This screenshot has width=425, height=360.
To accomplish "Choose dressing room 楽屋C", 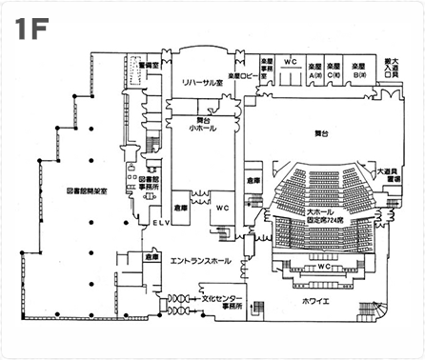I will pos(334,70).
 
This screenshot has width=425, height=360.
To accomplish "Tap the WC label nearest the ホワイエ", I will pos(324,268).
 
